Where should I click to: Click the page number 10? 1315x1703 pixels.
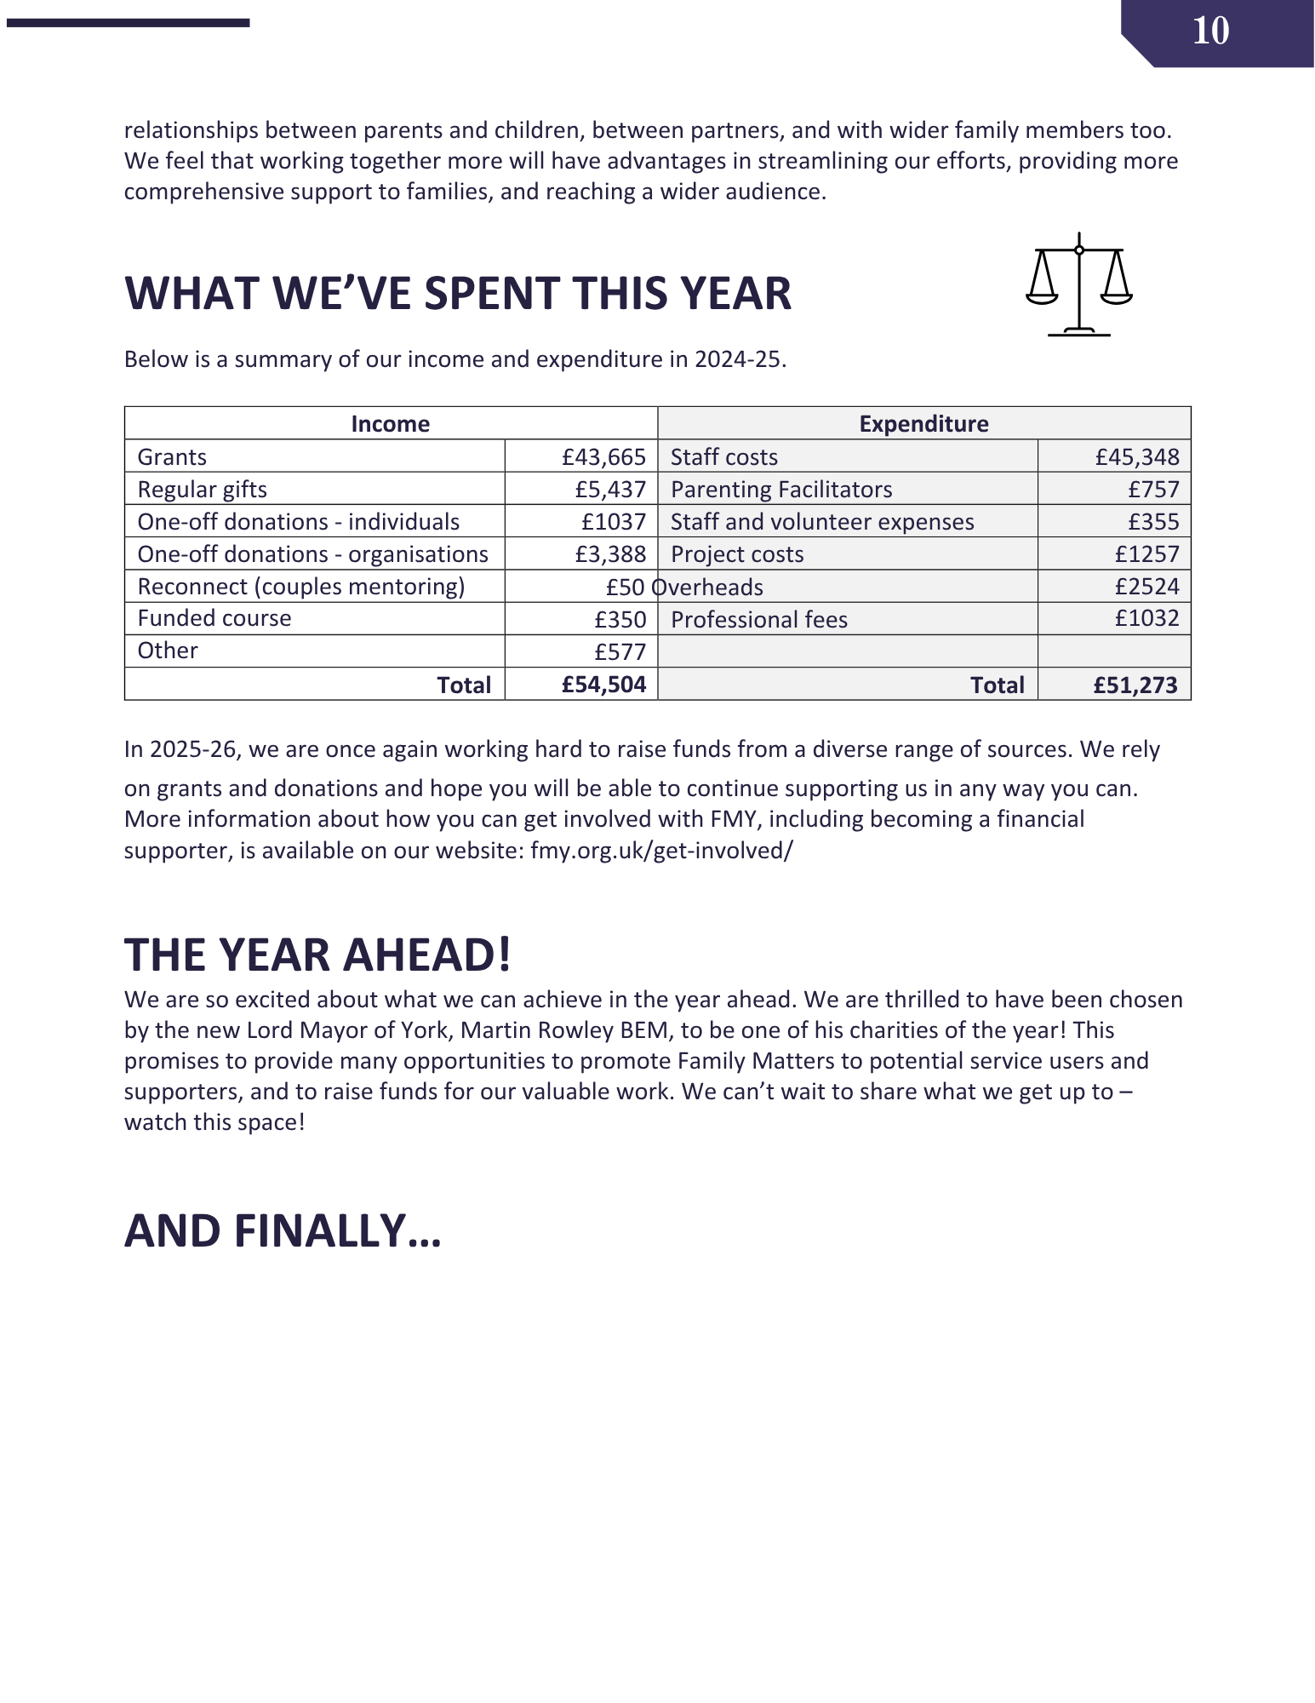tap(1210, 32)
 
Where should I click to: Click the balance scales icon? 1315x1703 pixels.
tap(1078, 284)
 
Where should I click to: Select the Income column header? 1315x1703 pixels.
tap(390, 424)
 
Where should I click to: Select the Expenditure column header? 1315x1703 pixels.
tap(923, 424)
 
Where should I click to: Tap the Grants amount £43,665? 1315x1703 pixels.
tap(603, 457)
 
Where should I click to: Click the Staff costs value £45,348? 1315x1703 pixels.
tap(1136, 457)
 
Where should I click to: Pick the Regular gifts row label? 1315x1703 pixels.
tap(203, 490)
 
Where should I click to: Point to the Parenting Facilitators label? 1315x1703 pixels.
tap(780, 490)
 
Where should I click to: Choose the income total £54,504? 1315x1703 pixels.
tap(603, 685)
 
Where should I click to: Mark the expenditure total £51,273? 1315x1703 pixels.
tap(1135, 685)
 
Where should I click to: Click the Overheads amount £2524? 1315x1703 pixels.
tap(1146, 587)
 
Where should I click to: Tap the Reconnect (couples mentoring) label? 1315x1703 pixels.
tap(301, 587)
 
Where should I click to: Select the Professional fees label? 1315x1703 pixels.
tap(758, 620)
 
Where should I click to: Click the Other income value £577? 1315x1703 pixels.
tap(620, 652)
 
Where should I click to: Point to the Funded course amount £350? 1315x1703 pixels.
tap(620, 620)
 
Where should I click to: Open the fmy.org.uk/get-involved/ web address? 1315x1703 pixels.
tap(661, 851)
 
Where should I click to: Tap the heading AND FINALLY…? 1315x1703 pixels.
tap(283, 1231)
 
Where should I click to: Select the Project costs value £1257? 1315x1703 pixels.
tap(1146, 554)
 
